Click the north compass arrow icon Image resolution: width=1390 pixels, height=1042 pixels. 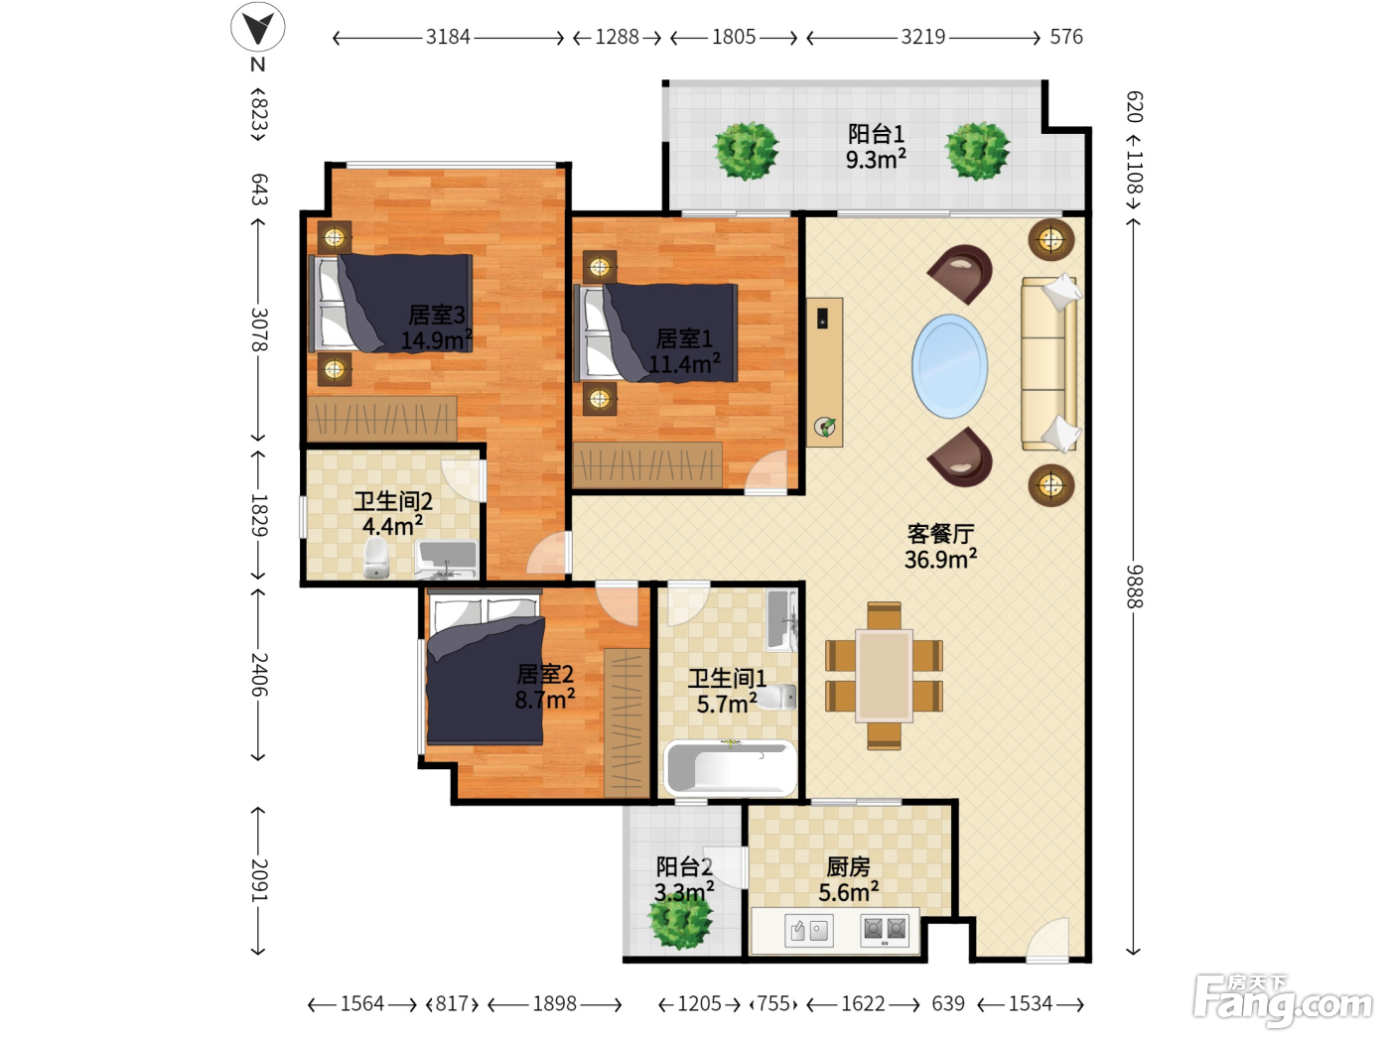coord(258,27)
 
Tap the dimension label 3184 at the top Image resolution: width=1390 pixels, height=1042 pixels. coord(448,37)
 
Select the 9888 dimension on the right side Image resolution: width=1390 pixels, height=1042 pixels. coord(1134,586)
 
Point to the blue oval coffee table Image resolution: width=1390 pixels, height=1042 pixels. coord(949,366)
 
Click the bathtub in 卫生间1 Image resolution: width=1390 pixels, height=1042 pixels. coord(730,767)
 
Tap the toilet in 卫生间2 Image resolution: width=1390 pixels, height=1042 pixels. coord(376,558)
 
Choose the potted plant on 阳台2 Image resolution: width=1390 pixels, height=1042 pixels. coord(681,921)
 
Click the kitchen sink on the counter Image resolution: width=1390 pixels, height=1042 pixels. coord(808,930)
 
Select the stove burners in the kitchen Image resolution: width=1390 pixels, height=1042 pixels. coord(885,930)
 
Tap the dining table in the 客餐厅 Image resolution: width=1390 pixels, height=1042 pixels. coord(884,676)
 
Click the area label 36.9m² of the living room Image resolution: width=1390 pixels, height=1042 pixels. coord(940,560)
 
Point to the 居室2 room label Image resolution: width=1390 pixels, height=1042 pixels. coord(545,675)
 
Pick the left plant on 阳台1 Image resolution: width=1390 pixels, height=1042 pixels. coord(746,151)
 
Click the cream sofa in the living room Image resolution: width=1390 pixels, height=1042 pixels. coord(1049,364)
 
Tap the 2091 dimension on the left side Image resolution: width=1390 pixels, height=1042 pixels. coord(259,880)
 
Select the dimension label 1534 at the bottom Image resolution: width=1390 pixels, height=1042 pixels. coord(1030,1003)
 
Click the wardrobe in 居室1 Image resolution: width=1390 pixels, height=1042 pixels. coord(647,464)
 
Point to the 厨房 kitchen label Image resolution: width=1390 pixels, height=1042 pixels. coord(848,866)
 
